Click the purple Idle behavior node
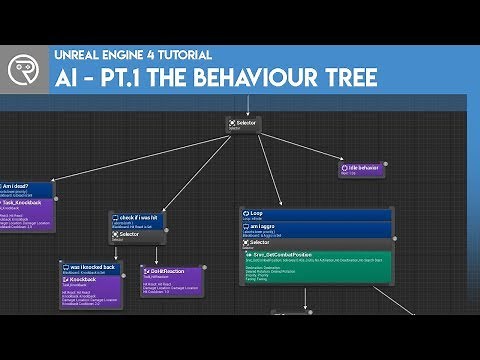[362, 169]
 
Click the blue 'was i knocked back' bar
[90, 268]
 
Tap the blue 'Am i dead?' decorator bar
[25, 187]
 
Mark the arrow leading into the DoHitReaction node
[158, 255]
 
